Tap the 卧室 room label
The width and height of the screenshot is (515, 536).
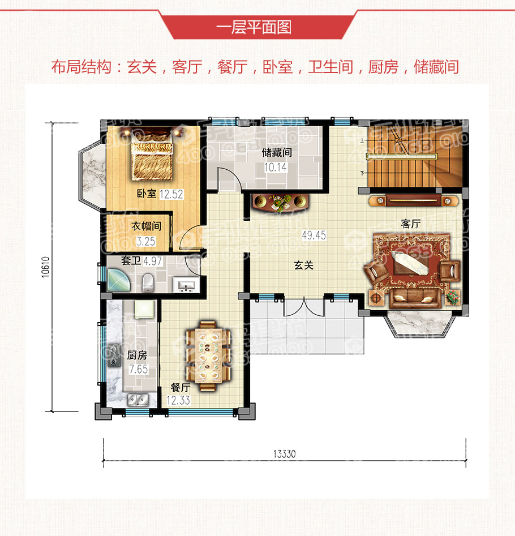147,194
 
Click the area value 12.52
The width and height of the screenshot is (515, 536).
171,194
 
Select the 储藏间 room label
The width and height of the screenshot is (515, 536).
277,152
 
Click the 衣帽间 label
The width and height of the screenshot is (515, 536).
147,226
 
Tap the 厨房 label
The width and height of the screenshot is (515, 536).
138,356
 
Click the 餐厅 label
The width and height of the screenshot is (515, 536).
180,388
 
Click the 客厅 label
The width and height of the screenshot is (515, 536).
411,224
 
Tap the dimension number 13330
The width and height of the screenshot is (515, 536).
285,453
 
